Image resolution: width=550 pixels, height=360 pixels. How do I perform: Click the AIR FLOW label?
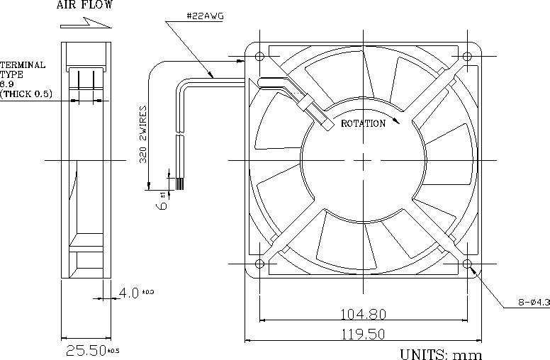[84, 6]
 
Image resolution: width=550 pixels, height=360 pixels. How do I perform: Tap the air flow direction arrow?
[86, 23]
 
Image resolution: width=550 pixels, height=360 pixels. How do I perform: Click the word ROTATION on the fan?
[363, 123]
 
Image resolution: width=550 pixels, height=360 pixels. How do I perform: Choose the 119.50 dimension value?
[365, 332]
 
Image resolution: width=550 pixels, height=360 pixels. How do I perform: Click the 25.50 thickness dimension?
[85, 350]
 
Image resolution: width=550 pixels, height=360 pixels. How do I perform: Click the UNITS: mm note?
[441, 353]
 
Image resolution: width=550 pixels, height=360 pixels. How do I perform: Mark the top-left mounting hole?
[259, 56]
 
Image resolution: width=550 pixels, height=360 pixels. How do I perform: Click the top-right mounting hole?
[468, 56]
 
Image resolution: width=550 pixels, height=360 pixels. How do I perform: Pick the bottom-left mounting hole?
[259, 264]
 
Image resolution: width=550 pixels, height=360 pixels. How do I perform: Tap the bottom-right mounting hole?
[468, 264]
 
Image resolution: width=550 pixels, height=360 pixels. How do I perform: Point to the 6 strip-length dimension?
[162, 203]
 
